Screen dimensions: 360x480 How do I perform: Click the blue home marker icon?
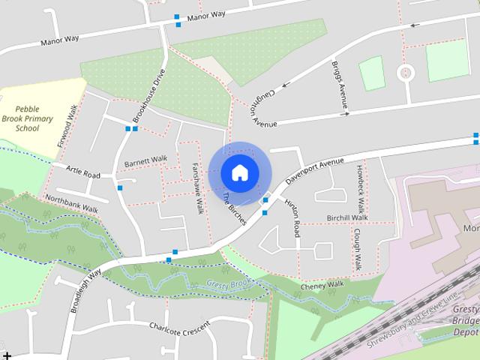click(239, 173)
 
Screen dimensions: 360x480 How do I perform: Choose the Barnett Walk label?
click(146, 160)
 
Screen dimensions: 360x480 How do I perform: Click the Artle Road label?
click(82, 174)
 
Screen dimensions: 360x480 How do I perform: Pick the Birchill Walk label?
click(346, 217)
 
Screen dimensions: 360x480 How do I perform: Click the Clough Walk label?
click(358, 250)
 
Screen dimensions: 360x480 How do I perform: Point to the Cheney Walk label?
click(322, 284)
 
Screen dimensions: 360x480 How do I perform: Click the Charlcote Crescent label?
click(179, 327)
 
